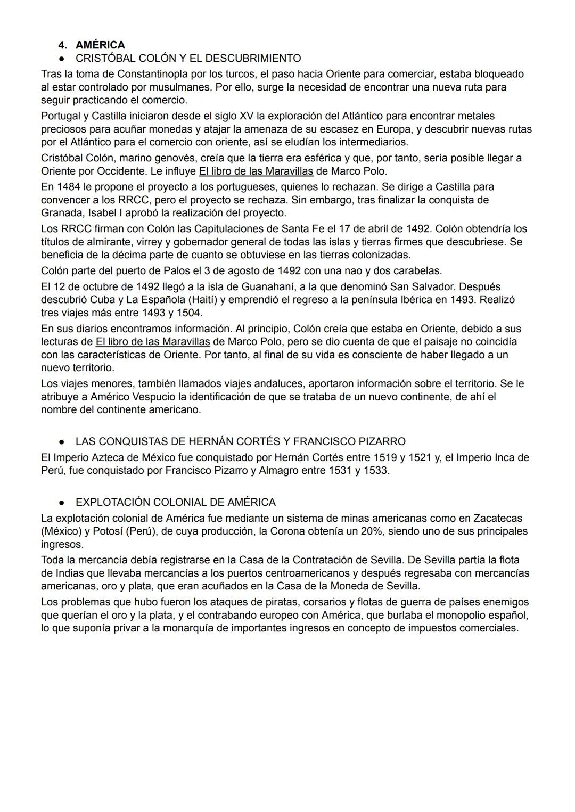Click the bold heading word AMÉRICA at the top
tap(100, 45)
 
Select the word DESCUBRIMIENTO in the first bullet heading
tap(253, 58)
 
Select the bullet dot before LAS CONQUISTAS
tap(62, 442)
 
